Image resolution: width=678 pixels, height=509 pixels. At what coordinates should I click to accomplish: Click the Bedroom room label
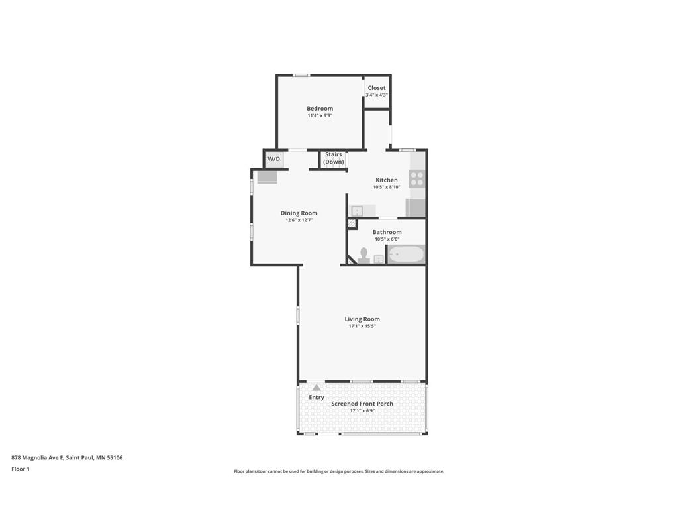(x=320, y=109)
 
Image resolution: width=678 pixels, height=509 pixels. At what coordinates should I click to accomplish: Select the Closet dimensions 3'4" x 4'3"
(x=377, y=95)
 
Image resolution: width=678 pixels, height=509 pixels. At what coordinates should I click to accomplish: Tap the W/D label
(x=273, y=160)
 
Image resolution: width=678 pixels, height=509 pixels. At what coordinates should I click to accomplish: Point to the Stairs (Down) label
(x=334, y=158)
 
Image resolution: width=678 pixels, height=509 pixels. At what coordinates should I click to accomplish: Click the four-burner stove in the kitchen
(x=416, y=178)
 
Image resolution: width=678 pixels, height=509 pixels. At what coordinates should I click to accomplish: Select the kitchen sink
(x=357, y=211)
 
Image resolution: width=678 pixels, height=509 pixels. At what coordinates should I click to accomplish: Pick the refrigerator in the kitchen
(x=416, y=208)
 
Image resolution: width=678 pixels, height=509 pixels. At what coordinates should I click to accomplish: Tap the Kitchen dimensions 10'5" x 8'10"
(x=387, y=188)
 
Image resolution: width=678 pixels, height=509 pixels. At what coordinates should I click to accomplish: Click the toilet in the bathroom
(x=363, y=255)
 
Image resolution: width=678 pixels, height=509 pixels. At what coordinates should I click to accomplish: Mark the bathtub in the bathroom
(x=405, y=254)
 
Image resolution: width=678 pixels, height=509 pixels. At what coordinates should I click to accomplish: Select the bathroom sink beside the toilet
(x=379, y=258)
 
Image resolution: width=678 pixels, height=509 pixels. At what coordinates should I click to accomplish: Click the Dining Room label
(x=299, y=213)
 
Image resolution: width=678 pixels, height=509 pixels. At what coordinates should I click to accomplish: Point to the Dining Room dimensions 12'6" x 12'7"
(x=299, y=220)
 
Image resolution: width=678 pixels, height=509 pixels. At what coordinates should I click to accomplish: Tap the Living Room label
(x=362, y=319)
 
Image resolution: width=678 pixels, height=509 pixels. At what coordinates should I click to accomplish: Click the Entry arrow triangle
(x=316, y=388)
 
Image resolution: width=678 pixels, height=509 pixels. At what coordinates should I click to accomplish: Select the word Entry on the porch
(x=316, y=398)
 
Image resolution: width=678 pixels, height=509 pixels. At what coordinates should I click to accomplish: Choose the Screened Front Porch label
(x=362, y=404)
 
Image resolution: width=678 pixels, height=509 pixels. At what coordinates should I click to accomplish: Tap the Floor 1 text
(x=21, y=469)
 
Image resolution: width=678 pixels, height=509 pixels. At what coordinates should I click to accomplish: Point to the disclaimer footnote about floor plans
(x=339, y=471)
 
